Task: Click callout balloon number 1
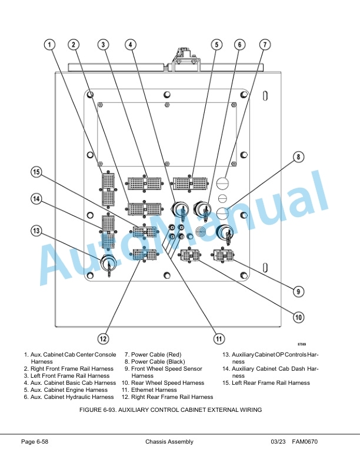(49, 45)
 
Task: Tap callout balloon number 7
(265, 45)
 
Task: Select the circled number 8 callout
(298, 157)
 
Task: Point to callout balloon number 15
(36, 172)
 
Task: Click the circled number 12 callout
(103, 338)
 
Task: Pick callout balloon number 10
(298, 317)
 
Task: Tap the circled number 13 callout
(36, 231)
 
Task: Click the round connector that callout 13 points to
(108, 263)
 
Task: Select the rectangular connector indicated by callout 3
(145, 184)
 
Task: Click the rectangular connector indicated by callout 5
(190, 184)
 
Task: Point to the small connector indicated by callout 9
(224, 255)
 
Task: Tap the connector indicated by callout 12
(145, 255)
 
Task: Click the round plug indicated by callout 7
(223, 182)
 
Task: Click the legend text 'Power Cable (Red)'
(156, 355)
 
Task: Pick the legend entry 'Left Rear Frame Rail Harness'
(271, 383)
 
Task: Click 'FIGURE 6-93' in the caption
(98, 410)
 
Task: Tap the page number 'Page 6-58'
(35, 442)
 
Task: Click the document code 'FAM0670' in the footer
(305, 442)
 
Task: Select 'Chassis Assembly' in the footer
(169, 442)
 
